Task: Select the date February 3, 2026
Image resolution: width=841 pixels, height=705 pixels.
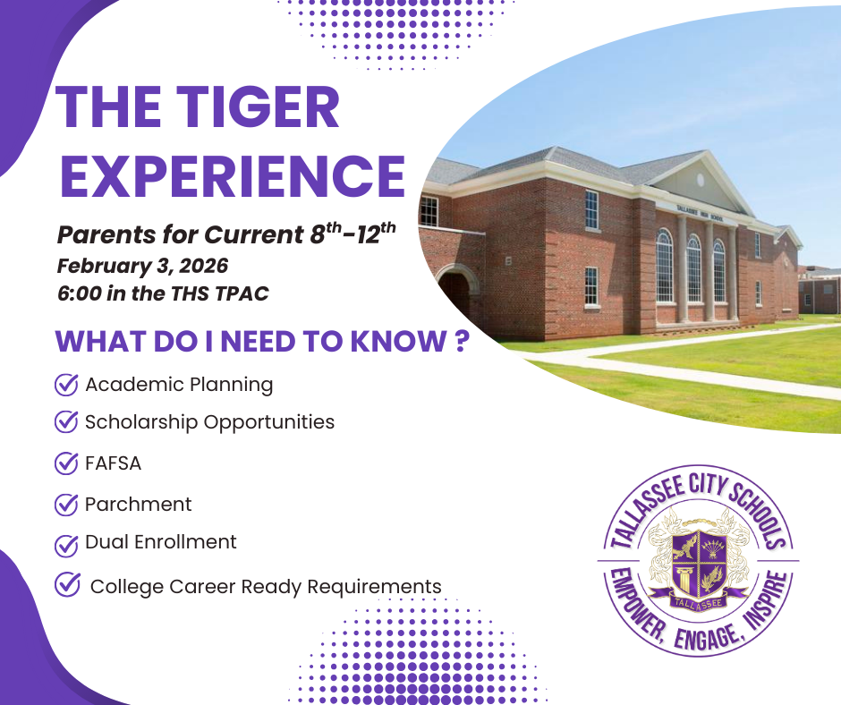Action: pyautogui.click(x=142, y=266)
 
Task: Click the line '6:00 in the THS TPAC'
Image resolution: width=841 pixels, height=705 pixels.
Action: pyautogui.click(x=162, y=293)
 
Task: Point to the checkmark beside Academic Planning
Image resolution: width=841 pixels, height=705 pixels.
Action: pyautogui.click(x=66, y=385)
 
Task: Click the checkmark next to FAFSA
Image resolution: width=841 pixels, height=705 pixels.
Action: pyautogui.click(x=66, y=463)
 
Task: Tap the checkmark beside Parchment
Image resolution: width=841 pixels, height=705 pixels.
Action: pyautogui.click(x=66, y=504)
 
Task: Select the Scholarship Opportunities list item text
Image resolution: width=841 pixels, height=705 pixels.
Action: pyautogui.click(x=209, y=421)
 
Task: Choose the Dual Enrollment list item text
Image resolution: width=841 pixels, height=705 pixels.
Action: pyautogui.click(x=161, y=542)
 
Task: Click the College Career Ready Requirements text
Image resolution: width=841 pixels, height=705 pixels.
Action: pyautogui.click(x=266, y=587)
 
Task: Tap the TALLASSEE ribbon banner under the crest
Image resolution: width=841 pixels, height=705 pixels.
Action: pyautogui.click(x=699, y=598)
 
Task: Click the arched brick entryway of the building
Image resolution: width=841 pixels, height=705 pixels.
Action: pyautogui.click(x=455, y=291)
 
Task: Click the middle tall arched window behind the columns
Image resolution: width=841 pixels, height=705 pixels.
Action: pyautogui.click(x=693, y=268)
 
